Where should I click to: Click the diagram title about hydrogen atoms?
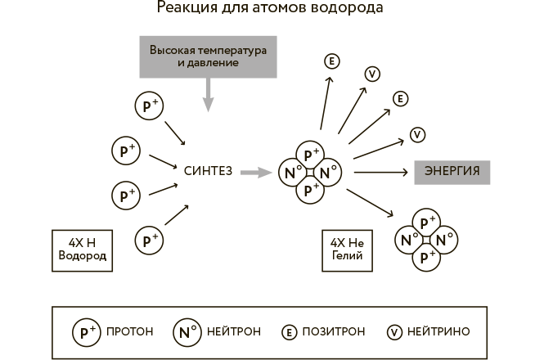tap(269, 10)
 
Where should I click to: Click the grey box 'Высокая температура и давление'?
tap(208, 56)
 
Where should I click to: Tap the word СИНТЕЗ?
tap(209, 172)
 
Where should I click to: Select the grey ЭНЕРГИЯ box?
tap(452, 172)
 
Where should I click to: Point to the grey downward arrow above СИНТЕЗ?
tap(208, 93)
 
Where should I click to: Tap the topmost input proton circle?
tap(149, 106)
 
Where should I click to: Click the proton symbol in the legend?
tap(86, 332)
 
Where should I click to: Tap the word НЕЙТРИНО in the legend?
tap(442, 332)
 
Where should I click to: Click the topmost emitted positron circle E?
tap(332, 62)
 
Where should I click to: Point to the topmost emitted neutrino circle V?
tap(372, 74)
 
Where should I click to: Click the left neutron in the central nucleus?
tap(290, 173)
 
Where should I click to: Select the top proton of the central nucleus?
tap(310, 154)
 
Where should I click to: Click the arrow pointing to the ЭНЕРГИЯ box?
tap(380, 172)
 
